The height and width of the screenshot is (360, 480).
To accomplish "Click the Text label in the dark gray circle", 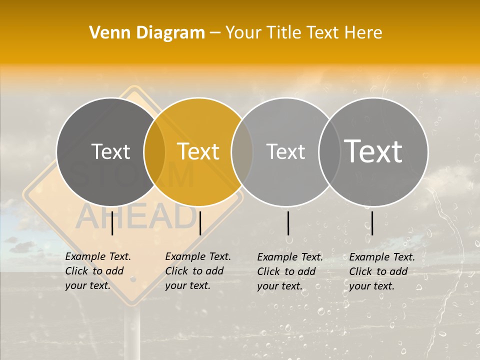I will point(110,151).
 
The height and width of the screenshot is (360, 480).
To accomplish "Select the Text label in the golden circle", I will point(198,151).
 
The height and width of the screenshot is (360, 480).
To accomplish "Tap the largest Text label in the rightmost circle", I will point(373,151).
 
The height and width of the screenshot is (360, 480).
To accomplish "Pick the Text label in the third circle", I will point(285,151).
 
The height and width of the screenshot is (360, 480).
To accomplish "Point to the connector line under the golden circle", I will point(200,223).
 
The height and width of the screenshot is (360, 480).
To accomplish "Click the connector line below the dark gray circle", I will point(112,223).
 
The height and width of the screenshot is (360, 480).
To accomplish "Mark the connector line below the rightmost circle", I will point(372,223).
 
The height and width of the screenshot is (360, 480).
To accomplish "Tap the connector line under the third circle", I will point(288,223).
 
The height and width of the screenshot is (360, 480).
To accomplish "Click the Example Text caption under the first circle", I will point(98,271).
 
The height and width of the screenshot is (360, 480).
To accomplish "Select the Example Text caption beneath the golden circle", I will point(198,271).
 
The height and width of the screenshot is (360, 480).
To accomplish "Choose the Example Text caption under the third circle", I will point(290,271).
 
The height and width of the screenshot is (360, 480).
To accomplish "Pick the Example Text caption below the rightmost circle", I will point(382,271).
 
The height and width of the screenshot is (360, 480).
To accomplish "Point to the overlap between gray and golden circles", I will point(154,151).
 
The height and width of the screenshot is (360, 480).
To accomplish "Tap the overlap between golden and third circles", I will point(242,151).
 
